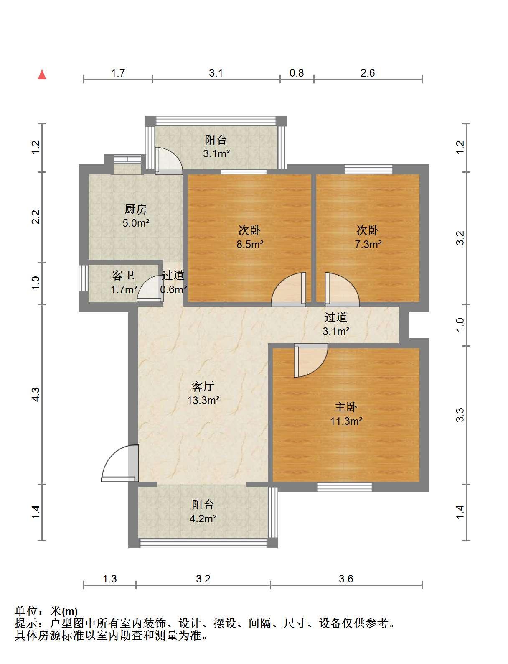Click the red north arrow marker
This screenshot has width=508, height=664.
tap(42, 74)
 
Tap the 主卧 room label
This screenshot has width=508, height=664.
tap(345, 407)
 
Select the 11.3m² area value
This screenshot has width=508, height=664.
tap(346, 421)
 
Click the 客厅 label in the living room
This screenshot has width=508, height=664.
tap(203, 386)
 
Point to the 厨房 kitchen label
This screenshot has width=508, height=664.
tap(135, 209)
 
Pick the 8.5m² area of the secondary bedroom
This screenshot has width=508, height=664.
tap(250, 244)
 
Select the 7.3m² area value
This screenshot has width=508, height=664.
tap(368, 244)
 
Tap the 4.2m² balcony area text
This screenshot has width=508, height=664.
tap(203, 518)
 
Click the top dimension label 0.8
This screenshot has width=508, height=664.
tap(297, 73)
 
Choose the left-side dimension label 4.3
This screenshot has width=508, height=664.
tap(36, 394)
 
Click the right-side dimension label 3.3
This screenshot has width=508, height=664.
tap(460, 415)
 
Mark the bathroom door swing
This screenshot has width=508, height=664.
tap(150, 289)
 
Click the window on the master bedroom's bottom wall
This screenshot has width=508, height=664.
tap(345, 487)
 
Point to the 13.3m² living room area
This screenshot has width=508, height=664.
tap(203, 400)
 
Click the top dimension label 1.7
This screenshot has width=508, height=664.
tap(118, 73)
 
